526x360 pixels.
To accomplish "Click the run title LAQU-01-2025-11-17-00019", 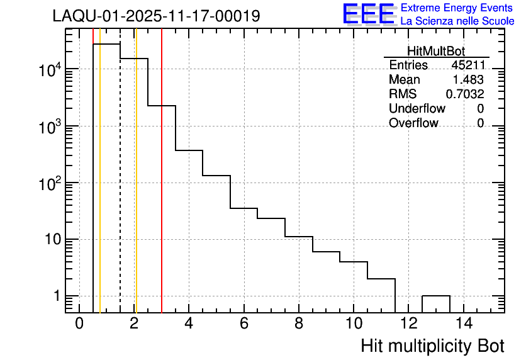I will (156, 16).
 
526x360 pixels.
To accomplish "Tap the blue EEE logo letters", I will (368, 14).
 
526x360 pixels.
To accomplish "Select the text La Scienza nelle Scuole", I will (457, 21).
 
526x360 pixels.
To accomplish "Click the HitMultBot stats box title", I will (436, 52).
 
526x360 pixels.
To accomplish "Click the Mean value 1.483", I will (469, 80).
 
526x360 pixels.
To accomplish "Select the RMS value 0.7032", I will (465, 94).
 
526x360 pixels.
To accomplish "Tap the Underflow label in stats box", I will (417, 109).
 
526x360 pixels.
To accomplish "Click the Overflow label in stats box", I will (413, 123).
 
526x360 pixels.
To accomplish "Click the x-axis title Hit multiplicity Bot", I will (432, 346).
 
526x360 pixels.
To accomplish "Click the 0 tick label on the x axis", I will (79, 324).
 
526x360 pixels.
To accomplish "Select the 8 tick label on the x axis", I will (299, 324).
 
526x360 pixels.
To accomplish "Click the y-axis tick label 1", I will (56, 296).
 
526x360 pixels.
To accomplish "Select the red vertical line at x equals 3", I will (162, 189).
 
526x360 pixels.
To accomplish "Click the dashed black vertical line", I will (120, 189).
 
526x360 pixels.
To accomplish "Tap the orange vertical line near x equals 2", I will (136, 189).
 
